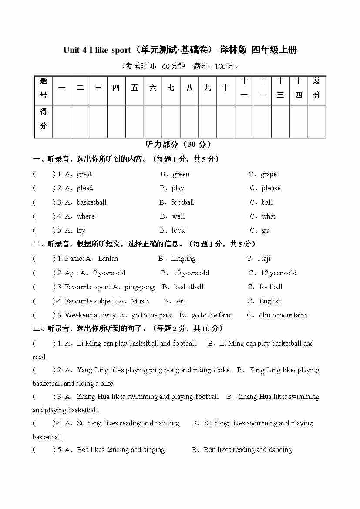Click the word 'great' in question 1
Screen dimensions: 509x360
click(x=84, y=174)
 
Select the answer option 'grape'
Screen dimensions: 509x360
click(x=269, y=174)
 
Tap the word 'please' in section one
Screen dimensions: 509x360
click(x=271, y=188)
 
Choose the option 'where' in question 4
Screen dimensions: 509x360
click(x=86, y=216)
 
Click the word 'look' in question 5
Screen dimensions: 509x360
click(x=178, y=230)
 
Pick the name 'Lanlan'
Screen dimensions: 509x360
click(x=108, y=259)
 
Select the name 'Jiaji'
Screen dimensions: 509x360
click(x=264, y=259)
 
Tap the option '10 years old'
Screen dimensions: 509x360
click(x=191, y=273)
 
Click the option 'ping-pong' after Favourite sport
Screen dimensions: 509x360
click(x=139, y=287)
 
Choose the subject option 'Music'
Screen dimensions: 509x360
click(x=140, y=301)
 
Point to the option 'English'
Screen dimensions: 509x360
click(x=270, y=301)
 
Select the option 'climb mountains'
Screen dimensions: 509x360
click(x=283, y=315)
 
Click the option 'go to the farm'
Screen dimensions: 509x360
click(x=212, y=315)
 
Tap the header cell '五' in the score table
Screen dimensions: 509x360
click(x=135, y=88)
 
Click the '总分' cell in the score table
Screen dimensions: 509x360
click(x=316, y=88)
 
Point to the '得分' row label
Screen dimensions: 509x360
click(x=44, y=119)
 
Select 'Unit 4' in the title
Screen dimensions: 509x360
click(x=75, y=50)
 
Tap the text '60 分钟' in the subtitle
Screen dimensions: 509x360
click(x=173, y=66)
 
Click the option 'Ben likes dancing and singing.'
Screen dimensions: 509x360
click(x=121, y=450)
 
